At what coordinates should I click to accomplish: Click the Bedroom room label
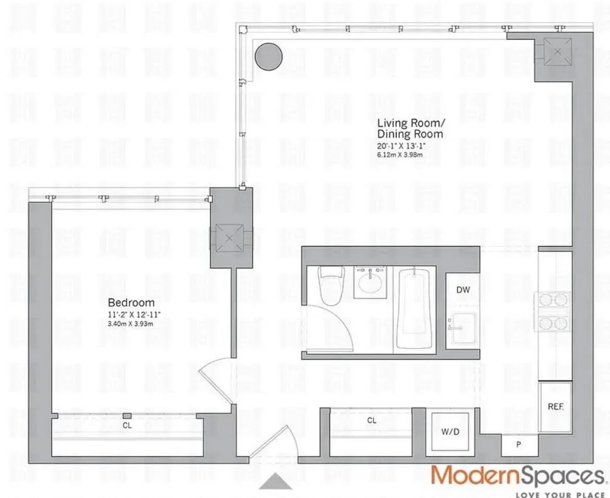[x=131, y=302]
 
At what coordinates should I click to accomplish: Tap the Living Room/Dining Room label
[x=410, y=128]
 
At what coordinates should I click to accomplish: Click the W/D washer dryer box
[x=450, y=431]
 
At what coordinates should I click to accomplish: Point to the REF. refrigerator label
[x=555, y=406]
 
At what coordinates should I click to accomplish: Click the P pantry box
[x=518, y=445]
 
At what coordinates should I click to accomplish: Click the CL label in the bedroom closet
[x=127, y=426]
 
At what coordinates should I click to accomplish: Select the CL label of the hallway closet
[x=371, y=420]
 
